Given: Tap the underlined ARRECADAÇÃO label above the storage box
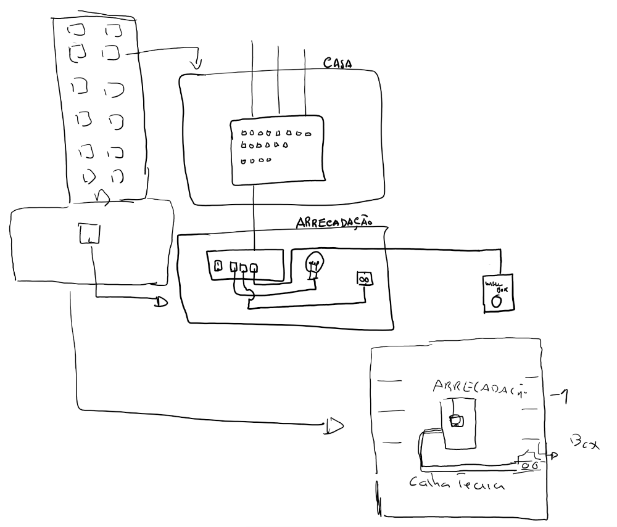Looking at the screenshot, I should coord(334,222).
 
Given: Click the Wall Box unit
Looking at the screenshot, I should coord(497,292).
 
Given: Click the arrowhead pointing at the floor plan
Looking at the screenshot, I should coord(334,425).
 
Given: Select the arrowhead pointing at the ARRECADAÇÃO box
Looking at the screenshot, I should coord(162,301).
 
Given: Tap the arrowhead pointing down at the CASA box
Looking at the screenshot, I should coord(197,63).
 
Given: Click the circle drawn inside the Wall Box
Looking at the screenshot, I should coord(496,301).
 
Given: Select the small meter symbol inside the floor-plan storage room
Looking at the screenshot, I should coord(456,420).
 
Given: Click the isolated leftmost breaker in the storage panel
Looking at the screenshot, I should coord(218,266).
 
